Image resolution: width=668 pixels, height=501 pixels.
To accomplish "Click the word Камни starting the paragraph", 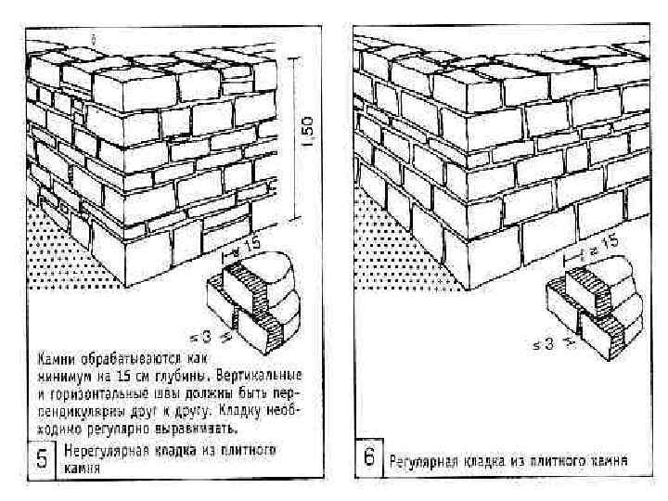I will click(x=57, y=356).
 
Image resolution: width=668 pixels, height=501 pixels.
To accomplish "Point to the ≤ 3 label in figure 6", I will click(x=544, y=344).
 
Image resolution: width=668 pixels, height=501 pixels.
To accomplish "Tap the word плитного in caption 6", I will click(x=561, y=458).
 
